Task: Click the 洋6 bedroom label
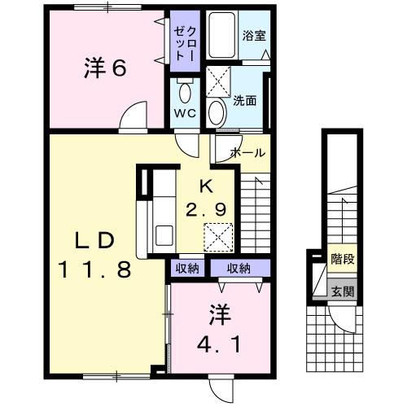104,68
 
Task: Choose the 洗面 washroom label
245,101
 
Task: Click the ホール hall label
247,152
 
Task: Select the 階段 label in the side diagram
342,260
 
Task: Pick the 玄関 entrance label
342,291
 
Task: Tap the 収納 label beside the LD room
187,268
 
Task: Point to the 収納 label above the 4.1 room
238,268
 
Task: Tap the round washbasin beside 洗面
217,112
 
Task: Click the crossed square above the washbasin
218,82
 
